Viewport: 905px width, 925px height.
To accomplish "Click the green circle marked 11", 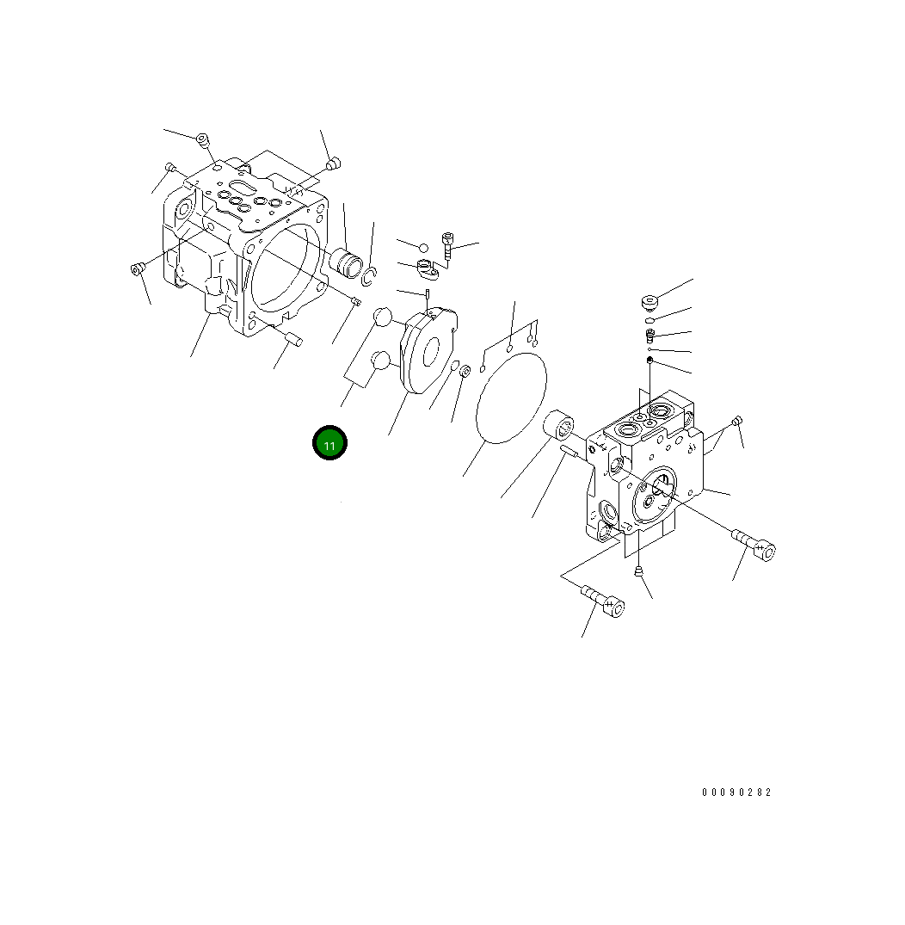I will point(329,443).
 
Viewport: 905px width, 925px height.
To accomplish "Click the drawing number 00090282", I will point(736,792).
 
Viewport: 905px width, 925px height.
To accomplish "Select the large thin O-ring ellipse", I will point(512,398).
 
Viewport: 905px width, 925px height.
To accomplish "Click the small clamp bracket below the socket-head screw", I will point(428,269).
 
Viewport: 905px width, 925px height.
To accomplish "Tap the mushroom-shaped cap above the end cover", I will point(650,302).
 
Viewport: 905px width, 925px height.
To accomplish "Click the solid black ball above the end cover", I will point(650,360).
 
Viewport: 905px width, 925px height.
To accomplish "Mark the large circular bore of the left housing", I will point(286,269).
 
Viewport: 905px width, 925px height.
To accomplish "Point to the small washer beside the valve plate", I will point(465,371).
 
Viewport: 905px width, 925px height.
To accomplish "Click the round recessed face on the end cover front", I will point(656,495).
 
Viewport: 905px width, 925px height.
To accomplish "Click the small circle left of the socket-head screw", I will point(423,248).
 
